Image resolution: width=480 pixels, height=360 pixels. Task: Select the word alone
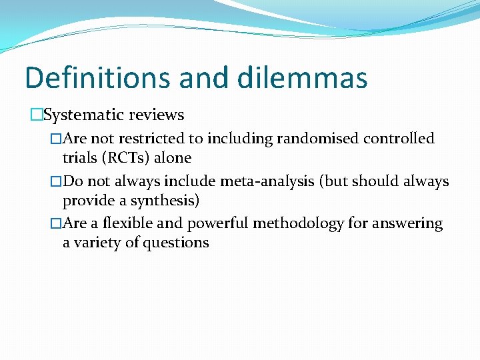click(173, 158)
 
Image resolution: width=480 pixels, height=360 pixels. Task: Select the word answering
click(408, 223)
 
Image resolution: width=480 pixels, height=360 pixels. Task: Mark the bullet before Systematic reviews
click(36, 115)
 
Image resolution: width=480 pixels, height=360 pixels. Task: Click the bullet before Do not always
click(56, 181)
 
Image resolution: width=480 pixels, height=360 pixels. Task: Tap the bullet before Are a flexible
click(56, 223)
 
